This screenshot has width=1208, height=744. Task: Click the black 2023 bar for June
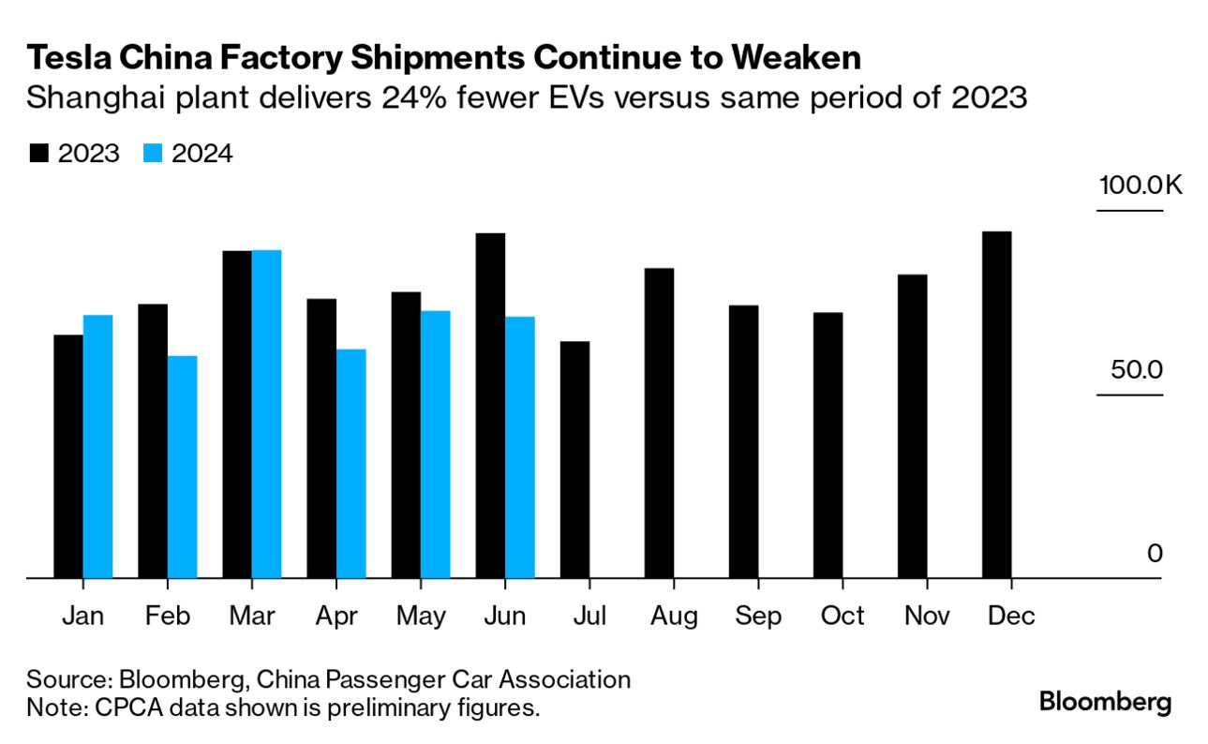pos(491,406)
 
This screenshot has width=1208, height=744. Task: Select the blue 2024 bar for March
pos(267,414)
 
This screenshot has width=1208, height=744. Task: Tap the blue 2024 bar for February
pos(183,467)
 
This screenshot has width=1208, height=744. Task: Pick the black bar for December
pos(997,405)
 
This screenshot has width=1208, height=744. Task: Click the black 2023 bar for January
pos(68,456)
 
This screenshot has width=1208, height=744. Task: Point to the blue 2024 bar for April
pos(351,464)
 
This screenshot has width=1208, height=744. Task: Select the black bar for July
pos(575,459)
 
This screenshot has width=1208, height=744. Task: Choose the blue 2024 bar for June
pos(520,447)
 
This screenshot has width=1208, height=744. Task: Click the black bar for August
pos(660,424)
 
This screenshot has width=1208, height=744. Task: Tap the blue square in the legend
pos(155,154)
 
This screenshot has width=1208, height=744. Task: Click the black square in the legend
pos(39,154)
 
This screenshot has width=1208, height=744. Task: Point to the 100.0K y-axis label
pos(1141,184)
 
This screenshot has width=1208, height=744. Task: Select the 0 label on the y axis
pos(1154,553)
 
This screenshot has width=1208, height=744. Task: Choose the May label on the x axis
pos(422,617)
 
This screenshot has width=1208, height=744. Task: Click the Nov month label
pos(927,617)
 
